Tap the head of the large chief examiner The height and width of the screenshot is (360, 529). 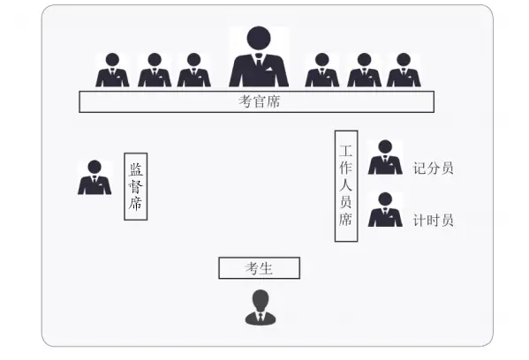[x=259, y=38]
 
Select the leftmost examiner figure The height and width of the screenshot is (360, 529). [x=112, y=70]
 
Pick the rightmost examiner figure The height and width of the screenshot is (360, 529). [x=404, y=70]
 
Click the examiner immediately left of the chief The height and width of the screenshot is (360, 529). [x=194, y=70]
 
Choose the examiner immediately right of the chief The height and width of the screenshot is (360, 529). [x=322, y=70]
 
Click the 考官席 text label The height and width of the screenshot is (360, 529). [x=259, y=101]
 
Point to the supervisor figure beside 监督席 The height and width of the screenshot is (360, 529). [x=94, y=177]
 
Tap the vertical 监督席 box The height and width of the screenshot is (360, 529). [x=136, y=186]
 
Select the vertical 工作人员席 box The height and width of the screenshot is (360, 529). [x=346, y=186]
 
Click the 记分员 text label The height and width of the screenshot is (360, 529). [x=434, y=169]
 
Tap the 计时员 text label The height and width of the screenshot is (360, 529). [x=434, y=221]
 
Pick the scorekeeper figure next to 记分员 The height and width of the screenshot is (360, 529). [x=385, y=157]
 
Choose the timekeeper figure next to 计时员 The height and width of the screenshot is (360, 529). [x=385, y=210]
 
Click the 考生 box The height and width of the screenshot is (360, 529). [x=259, y=268]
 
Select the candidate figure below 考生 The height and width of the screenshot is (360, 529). [x=261, y=307]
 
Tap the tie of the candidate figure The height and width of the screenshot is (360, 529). [x=261, y=318]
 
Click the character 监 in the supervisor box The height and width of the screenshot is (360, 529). [x=136, y=169]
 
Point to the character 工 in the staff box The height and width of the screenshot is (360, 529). [x=346, y=151]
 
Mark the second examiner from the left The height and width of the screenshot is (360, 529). [x=155, y=70]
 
